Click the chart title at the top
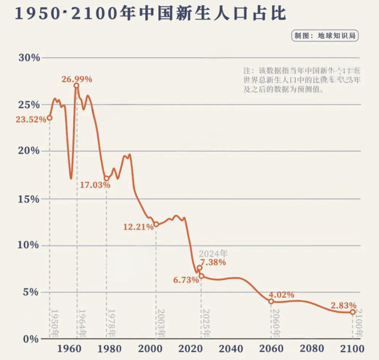151,13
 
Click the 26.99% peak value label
77,79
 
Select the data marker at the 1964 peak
76,85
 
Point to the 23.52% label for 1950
31,119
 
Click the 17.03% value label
95,185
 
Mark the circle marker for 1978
107,178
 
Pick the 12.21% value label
138,227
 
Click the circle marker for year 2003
156,224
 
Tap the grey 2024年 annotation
213,253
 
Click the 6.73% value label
186,280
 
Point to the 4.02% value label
281,295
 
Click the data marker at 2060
271,301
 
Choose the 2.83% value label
344,305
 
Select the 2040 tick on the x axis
231,349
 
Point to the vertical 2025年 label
206,323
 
